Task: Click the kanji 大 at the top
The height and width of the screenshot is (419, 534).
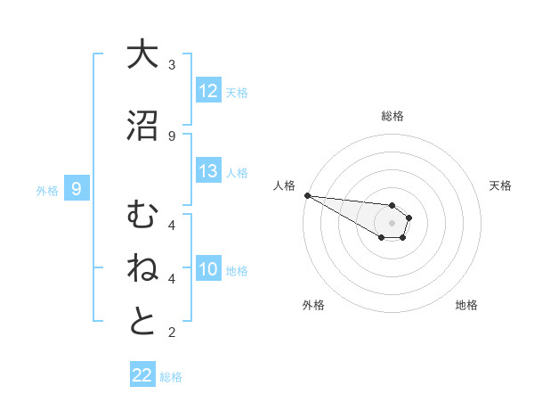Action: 142,55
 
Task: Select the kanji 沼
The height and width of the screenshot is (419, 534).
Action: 142,126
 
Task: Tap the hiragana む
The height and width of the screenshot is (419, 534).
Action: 142,215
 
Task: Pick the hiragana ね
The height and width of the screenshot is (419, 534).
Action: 142,268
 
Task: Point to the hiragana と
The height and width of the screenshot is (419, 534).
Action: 142,322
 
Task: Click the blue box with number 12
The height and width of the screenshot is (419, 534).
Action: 208,91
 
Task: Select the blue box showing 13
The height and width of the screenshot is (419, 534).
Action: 208,171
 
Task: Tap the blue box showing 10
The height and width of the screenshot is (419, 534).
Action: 208,269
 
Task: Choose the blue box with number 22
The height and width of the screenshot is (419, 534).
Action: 142,375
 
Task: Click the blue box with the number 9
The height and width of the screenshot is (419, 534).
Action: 77,189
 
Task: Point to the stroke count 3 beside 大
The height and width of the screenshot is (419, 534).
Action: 172,64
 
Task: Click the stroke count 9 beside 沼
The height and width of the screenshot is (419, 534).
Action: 172,136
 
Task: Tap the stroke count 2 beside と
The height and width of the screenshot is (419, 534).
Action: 172,333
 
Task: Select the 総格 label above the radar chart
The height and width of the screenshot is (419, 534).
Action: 392,116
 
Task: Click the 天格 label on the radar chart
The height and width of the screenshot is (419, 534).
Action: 500,185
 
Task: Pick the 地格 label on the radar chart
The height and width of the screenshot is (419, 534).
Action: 466,305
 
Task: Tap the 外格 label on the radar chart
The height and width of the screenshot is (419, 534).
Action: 313,305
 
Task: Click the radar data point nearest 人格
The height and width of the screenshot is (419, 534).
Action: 307,195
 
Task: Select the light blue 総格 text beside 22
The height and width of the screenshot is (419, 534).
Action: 171,376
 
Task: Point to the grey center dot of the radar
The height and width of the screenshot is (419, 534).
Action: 392,223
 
